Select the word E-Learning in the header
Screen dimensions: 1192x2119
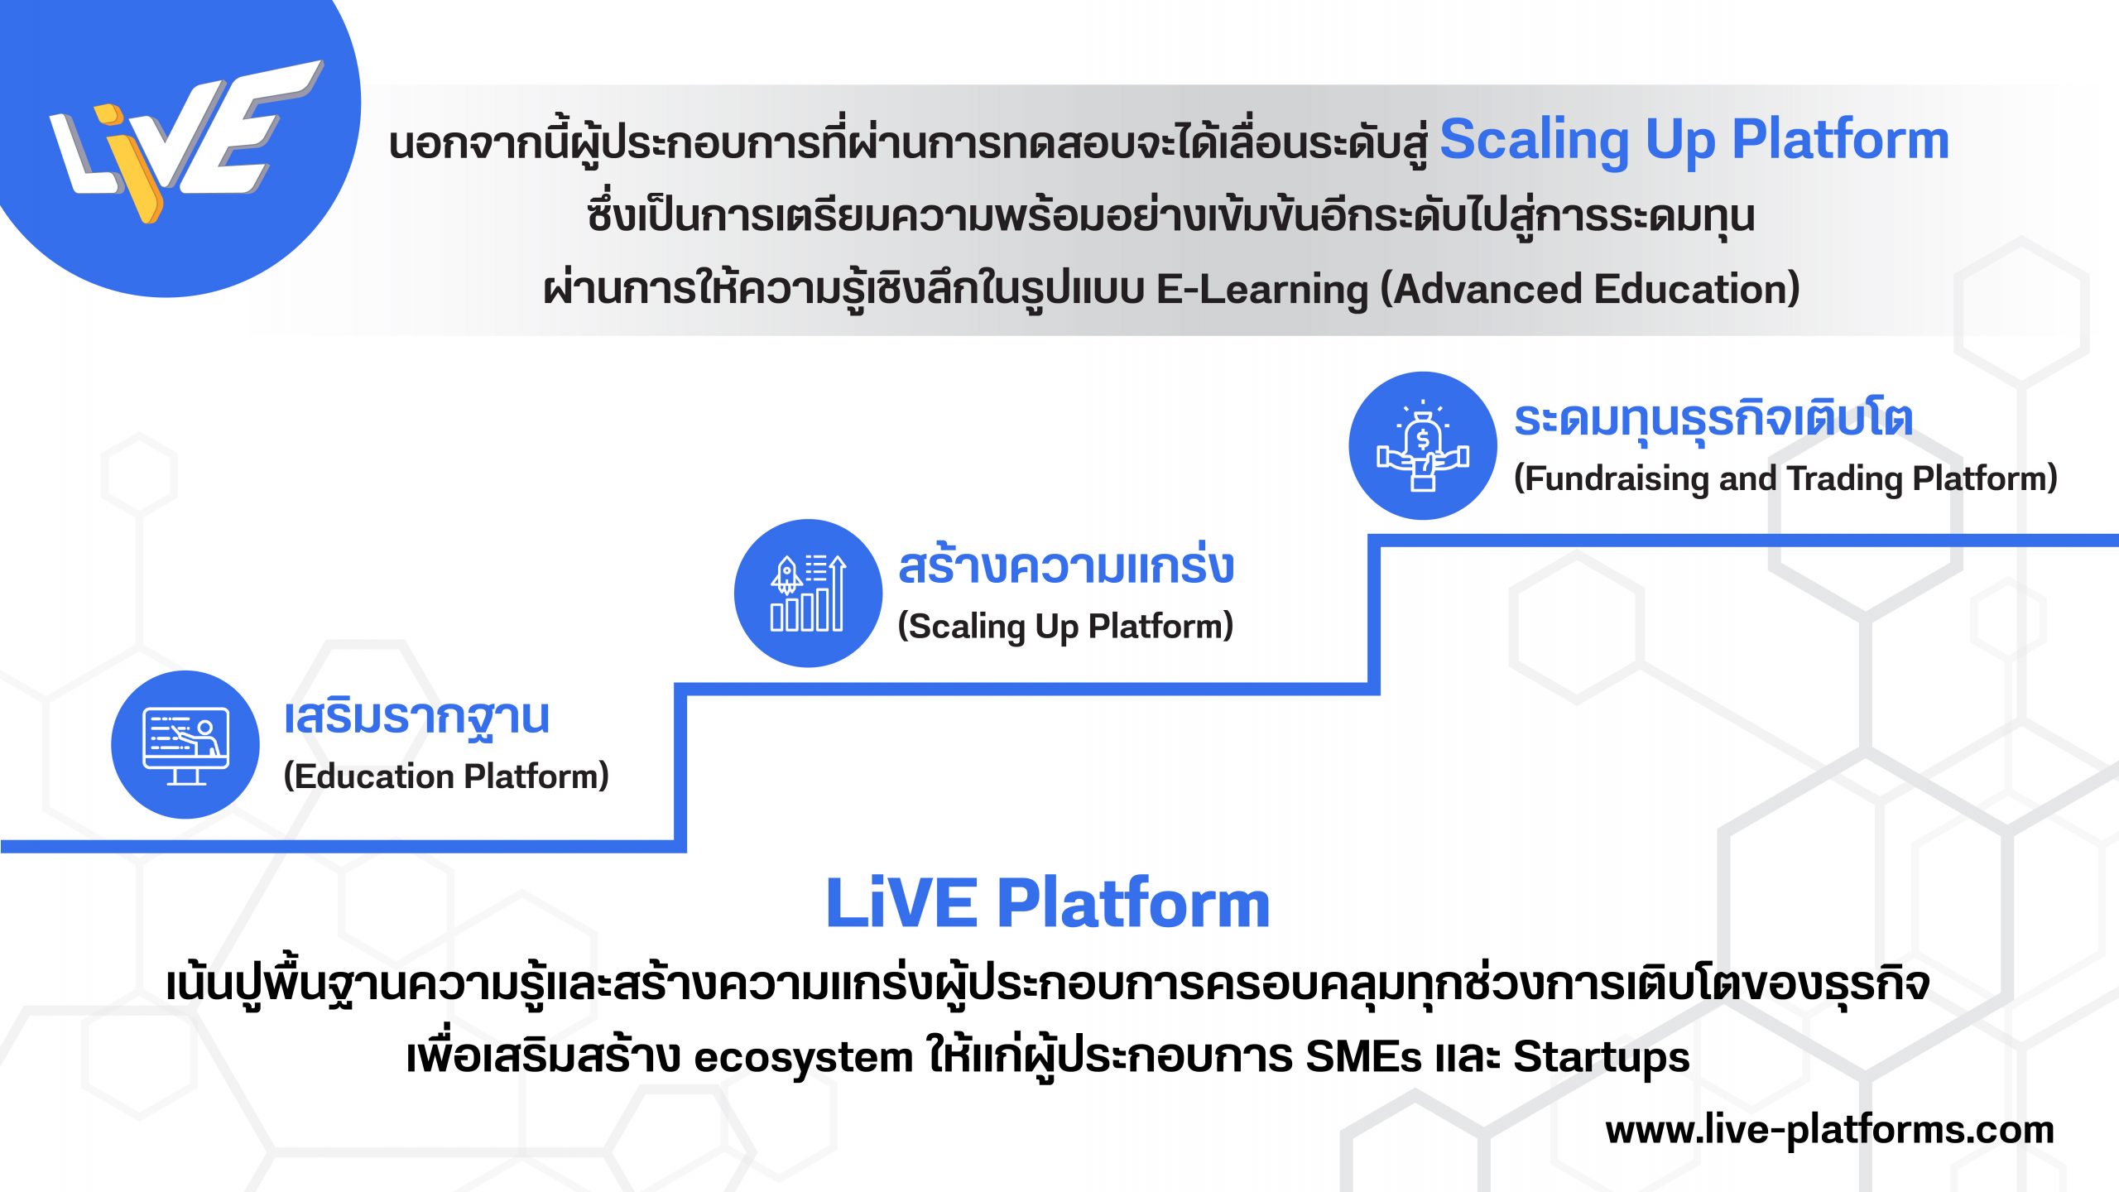[x=1261, y=290]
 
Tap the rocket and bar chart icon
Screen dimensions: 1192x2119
[x=808, y=593]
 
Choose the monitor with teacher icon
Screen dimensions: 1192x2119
[x=185, y=744]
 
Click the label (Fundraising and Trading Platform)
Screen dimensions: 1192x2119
[x=1785, y=478]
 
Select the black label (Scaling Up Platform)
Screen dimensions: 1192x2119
[x=1065, y=627]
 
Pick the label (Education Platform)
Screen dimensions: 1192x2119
[x=446, y=776]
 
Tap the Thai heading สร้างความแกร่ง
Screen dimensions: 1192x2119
[x=1065, y=567]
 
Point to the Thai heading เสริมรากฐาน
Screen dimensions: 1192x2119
[x=416, y=717]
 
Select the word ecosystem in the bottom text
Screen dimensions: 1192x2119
[x=803, y=1058]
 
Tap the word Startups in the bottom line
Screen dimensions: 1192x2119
[x=1601, y=1058]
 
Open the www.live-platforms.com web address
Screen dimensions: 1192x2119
[x=1829, y=1131]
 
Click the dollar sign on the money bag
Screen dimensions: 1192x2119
[x=1423, y=439]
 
